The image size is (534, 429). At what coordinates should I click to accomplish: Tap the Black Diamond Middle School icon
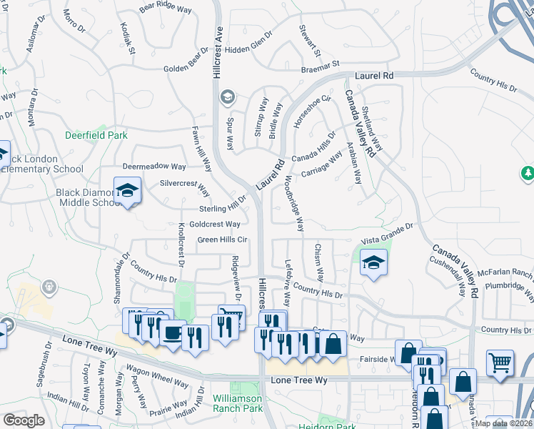(x=127, y=191)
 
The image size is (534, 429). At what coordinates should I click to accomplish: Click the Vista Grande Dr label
(x=388, y=228)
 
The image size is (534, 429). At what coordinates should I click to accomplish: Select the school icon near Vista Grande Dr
(x=373, y=263)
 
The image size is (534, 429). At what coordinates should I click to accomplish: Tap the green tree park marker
(x=528, y=173)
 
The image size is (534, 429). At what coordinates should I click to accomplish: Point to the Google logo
(x=24, y=420)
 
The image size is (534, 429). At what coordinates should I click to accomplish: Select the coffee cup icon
(x=172, y=332)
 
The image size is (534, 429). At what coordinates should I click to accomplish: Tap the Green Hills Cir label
(x=222, y=240)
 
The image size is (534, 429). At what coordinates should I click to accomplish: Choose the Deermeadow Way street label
(x=154, y=166)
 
